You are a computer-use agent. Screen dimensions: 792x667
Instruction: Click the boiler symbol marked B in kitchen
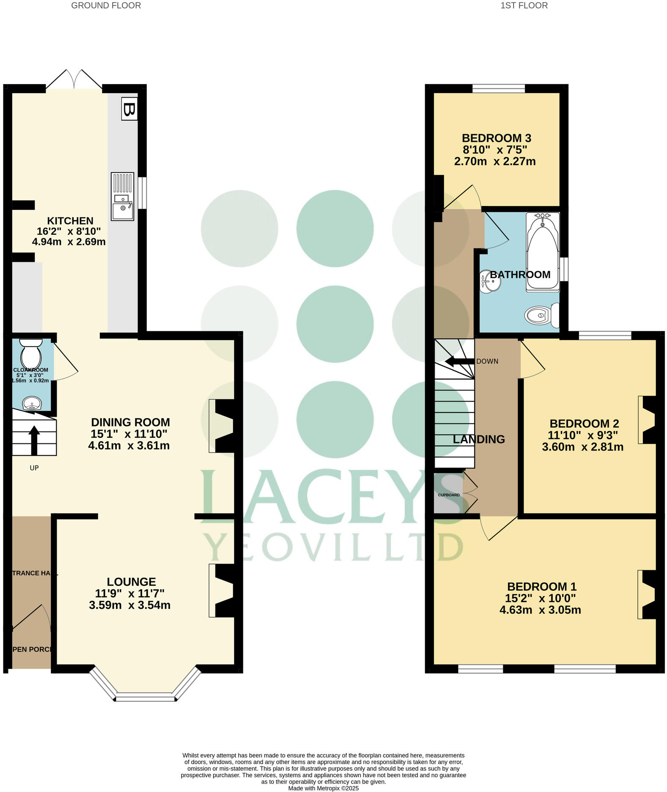[129, 109]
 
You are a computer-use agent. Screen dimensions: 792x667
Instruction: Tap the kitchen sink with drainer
[122, 196]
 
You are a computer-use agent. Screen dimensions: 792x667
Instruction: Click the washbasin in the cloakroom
[32, 404]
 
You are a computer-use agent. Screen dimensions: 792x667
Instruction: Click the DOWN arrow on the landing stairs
[459, 361]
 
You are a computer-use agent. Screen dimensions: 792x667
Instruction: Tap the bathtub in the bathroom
[542, 252]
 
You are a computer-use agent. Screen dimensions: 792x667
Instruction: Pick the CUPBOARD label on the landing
[449, 495]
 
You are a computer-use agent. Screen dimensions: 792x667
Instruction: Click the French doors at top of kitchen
[74, 80]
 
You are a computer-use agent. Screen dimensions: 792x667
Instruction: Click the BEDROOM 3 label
[496, 138]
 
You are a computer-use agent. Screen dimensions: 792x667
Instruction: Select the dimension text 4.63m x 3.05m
[540, 610]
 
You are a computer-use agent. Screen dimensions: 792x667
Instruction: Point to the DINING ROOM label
[130, 422]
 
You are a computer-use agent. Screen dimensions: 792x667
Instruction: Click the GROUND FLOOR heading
[106, 5]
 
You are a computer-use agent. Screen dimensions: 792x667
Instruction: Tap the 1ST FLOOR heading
[524, 5]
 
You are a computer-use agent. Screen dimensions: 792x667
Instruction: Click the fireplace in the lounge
[221, 591]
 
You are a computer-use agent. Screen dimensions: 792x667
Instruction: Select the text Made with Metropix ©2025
[323, 788]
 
